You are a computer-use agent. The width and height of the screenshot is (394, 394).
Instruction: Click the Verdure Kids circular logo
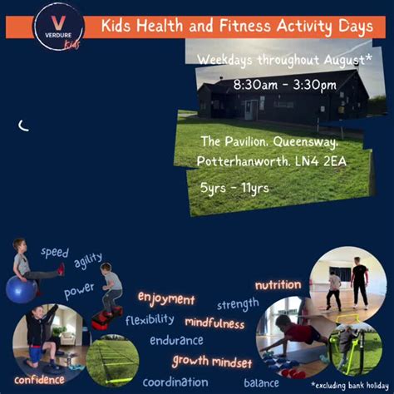pyautogui.click(x=59, y=27)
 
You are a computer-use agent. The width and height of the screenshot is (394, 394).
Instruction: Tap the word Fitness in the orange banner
pyautogui.click(x=244, y=26)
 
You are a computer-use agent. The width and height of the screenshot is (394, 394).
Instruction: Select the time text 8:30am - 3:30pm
pyautogui.click(x=284, y=85)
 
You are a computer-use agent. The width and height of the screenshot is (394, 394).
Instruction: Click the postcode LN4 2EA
pyautogui.click(x=321, y=161)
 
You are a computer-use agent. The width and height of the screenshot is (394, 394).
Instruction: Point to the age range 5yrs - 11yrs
pyautogui.click(x=234, y=189)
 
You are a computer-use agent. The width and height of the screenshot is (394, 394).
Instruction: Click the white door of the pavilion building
pyautogui.click(x=251, y=110)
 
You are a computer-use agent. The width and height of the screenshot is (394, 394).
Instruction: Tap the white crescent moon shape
pyautogui.click(x=23, y=126)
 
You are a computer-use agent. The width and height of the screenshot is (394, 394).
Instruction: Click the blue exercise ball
pyautogui.click(x=21, y=289)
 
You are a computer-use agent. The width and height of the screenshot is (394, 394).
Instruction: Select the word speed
pyautogui.click(x=55, y=253)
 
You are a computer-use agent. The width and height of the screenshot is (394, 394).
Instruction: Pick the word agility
pyautogui.click(x=88, y=260)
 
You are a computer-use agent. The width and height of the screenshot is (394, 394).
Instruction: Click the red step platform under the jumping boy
pyautogui.click(x=107, y=318)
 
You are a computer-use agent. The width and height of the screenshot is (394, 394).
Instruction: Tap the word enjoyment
pyautogui.click(x=166, y=299)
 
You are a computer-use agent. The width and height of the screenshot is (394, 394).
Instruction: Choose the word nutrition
pyautogui.click(x=278, y=285)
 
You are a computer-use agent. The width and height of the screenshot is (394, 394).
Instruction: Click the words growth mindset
pyautogui.click(x=212, y=362)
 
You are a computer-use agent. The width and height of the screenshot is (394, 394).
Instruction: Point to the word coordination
pyautogui.click(x=175, y=382)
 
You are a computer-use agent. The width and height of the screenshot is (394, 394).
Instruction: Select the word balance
pyautogui.click(x=261, y=383)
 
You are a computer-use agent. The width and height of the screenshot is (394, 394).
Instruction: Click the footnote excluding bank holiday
pyautogui.click(x=350, y=386)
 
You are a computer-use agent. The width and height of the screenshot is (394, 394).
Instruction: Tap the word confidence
pyautogui.click(x=39, y=380)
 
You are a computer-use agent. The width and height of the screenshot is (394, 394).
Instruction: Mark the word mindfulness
pyautogui.click(x=214, y=323)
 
